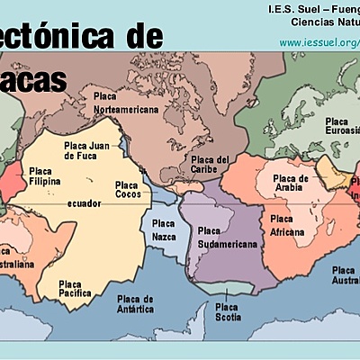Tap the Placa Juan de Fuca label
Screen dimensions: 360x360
(x=86, y=151)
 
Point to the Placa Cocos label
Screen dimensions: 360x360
(x=127, y=190)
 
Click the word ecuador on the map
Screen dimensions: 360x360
(x=83, y=203)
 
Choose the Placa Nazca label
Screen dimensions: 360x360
(x=164, y=229)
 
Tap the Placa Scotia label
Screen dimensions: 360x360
(x=227, y=311)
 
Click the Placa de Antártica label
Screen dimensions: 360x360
(x=135, y=303)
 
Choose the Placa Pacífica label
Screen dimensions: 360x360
(x=75, y=287)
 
